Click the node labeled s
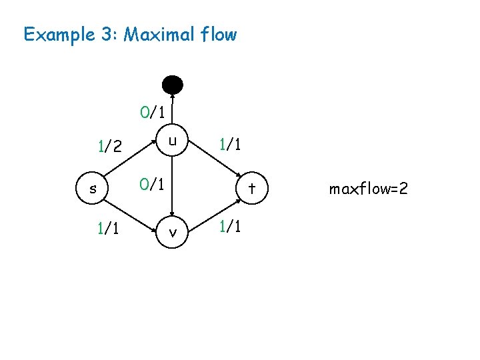coord(93,189)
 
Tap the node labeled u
coord(173,141)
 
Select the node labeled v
coord(173,233)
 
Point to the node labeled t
coord(253,189)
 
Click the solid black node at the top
coord(173,84)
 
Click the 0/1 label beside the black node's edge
coord(153,111)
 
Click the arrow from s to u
coord(133,165)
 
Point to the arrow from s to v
coord(133,211)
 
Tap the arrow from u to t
coord(213,165)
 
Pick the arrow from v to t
coord(213,211)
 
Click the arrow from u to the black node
coord(173,110)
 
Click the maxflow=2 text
coord(368,189)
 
